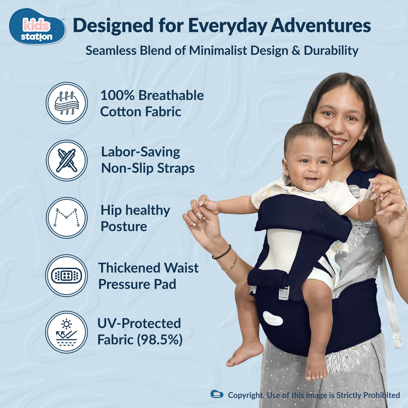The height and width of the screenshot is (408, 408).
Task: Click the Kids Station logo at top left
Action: (x=37, y=27)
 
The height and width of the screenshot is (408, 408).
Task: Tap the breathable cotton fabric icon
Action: (x=67, y=103)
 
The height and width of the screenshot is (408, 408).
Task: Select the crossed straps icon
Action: (x=67, y=160)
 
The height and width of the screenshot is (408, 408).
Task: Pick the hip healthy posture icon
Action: (x=67, y=218)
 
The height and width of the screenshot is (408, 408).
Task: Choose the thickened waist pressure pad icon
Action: (x=67, y=275)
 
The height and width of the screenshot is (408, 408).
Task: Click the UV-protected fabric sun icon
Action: (x=67, y=332)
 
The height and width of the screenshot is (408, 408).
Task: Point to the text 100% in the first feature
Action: (x=117, y=95)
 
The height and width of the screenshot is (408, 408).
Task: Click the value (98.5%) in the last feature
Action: (x=160, y=340)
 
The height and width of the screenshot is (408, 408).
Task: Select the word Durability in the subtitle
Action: (x=331, y=51)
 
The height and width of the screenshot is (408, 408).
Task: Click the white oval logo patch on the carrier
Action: (x=273, y=318)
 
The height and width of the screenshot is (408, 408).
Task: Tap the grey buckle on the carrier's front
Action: (x=284, y=293)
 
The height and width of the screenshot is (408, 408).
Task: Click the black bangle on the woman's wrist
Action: (x=222, y=253)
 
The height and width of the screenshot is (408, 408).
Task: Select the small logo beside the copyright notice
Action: (x=217, y=394)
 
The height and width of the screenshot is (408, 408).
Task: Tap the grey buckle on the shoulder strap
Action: (x=355, y=191)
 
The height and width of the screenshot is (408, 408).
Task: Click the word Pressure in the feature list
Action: (x=124, y=284)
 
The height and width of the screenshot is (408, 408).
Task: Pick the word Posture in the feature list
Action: (x=124, y=227)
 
